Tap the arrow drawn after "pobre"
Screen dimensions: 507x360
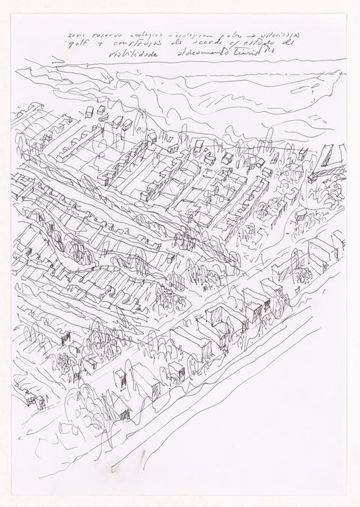click(x=240, y=33)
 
